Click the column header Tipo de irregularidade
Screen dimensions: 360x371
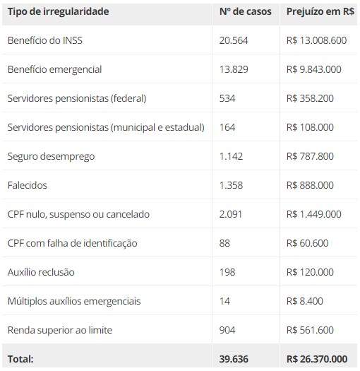pyautogui.click(x=58, y=11)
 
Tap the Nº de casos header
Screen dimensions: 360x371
pyautogui.click(x=246, y=11)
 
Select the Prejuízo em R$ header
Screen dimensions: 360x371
pyautogui.click(x=320, y=11)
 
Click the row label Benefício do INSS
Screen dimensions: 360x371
pyautogui.click(x=45, y=40)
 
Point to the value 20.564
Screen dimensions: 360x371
pyautogui.click(x=234, y=40)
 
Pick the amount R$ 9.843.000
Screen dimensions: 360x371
pyautogui.click(x=314, y=69)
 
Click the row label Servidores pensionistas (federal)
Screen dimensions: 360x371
pyautogui.click(x=77, y=98)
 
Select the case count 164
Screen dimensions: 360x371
pyautogui.click(x=227, y=127)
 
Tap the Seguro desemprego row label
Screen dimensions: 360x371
pyautogui.click(x=51, y=156)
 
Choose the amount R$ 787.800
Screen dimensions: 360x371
pyautogui.click(x=310, y=156)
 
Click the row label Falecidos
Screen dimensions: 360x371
pyautogui.click(x=28, y=185)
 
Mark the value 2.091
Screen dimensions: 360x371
pyautogui.click(x=230, y=214)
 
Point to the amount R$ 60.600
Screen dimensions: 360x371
pyautogui.click(x=307, y=243)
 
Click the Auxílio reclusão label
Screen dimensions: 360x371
pyautogui.click(x=41, y=272)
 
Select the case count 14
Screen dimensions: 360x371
pyautogui.click(x=224, y=301)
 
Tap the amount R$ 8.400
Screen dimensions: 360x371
pyautogui.click(x=305, y=301)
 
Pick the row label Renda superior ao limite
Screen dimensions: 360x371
pyautogui.click(x=60, y=330)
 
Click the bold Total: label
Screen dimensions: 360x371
pyautogui.click(x=20, y=359)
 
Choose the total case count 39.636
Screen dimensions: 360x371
pyautogui.click(x=234, y=359)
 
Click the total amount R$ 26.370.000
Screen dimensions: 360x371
pyautogui.click(x=317, y=359)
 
